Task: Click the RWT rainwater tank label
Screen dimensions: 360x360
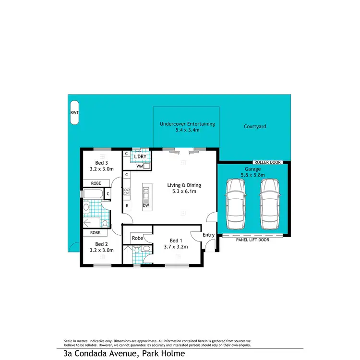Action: pyautogui.click(x=74, y=113)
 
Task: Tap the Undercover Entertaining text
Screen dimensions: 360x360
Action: pyautogui.click(x=187, y=124)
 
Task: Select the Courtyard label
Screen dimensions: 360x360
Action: pyautogui.click(x=255, y=127)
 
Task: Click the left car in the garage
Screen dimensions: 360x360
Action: pyautogui.click(x=236, y=204)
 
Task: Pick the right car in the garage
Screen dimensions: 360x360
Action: pyautogui.click(x=270, y=204)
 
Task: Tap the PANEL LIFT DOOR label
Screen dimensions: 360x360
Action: pyautogui.click(x=252, y=240)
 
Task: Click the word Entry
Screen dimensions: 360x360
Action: pyautogui.click(x=209, y=235)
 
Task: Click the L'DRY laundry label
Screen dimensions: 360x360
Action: pyautogui.click(x=140, y=156)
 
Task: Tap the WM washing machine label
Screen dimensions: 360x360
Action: pyautogui.click(x=139, y=166)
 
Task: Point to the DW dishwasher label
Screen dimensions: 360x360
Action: pyautogui.click(x=145, y=205)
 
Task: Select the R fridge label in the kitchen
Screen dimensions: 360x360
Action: pyautogui.click(x=127, y=205)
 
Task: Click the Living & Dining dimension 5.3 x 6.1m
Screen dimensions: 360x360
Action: pyautogui.click(x=184, y=191)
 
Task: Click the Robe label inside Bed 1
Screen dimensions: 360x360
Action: pyautogui.click(x=137, y=238)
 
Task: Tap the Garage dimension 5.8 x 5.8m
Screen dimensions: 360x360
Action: pyautogui.click(x=252, y=175)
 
